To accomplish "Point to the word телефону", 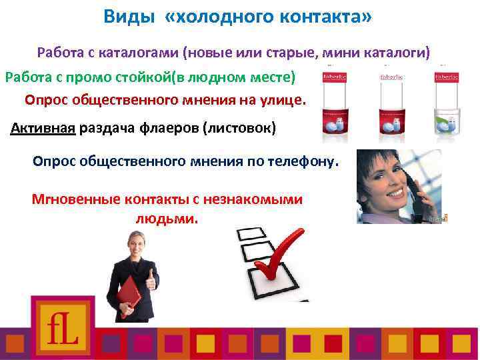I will pyautogui.click(x=304, y=161).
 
